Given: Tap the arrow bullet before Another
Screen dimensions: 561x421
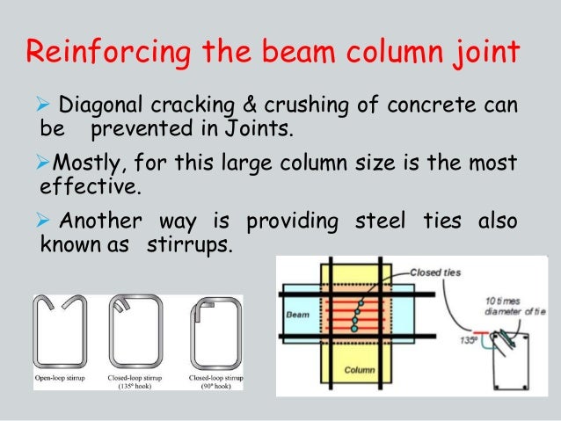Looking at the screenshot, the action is (48, 222).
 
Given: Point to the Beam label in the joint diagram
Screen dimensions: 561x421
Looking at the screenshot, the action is (296, 313).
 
